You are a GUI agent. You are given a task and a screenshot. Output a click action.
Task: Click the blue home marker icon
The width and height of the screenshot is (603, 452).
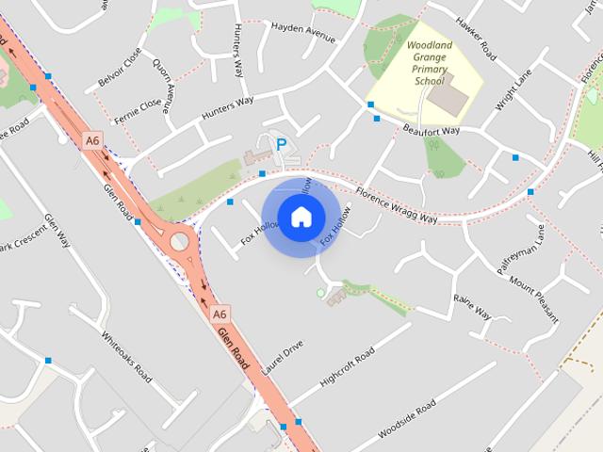(301, 218)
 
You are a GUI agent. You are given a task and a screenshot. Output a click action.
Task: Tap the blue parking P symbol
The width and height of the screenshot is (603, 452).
(280, 145)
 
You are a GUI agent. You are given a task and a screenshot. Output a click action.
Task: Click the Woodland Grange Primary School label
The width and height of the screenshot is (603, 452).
(428, 62)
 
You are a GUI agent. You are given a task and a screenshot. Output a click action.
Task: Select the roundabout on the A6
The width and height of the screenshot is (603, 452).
(179, 242)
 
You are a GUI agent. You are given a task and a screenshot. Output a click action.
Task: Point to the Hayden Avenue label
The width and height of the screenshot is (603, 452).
(303, 33)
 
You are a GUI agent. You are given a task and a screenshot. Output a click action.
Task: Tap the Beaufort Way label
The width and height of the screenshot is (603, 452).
(431, 129)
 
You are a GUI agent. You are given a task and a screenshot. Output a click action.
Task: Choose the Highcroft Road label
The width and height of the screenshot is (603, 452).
(347, 365)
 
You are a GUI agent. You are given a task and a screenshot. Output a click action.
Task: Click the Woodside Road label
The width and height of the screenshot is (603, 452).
(406, 420)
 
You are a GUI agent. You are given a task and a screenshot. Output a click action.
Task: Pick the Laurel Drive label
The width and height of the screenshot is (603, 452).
(282, 358)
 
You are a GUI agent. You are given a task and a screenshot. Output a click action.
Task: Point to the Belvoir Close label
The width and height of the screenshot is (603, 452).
(119, 68)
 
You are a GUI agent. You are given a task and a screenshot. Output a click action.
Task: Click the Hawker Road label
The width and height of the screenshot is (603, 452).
(476, 37)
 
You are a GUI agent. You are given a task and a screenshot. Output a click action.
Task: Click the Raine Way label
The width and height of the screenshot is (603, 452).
(472, 305)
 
